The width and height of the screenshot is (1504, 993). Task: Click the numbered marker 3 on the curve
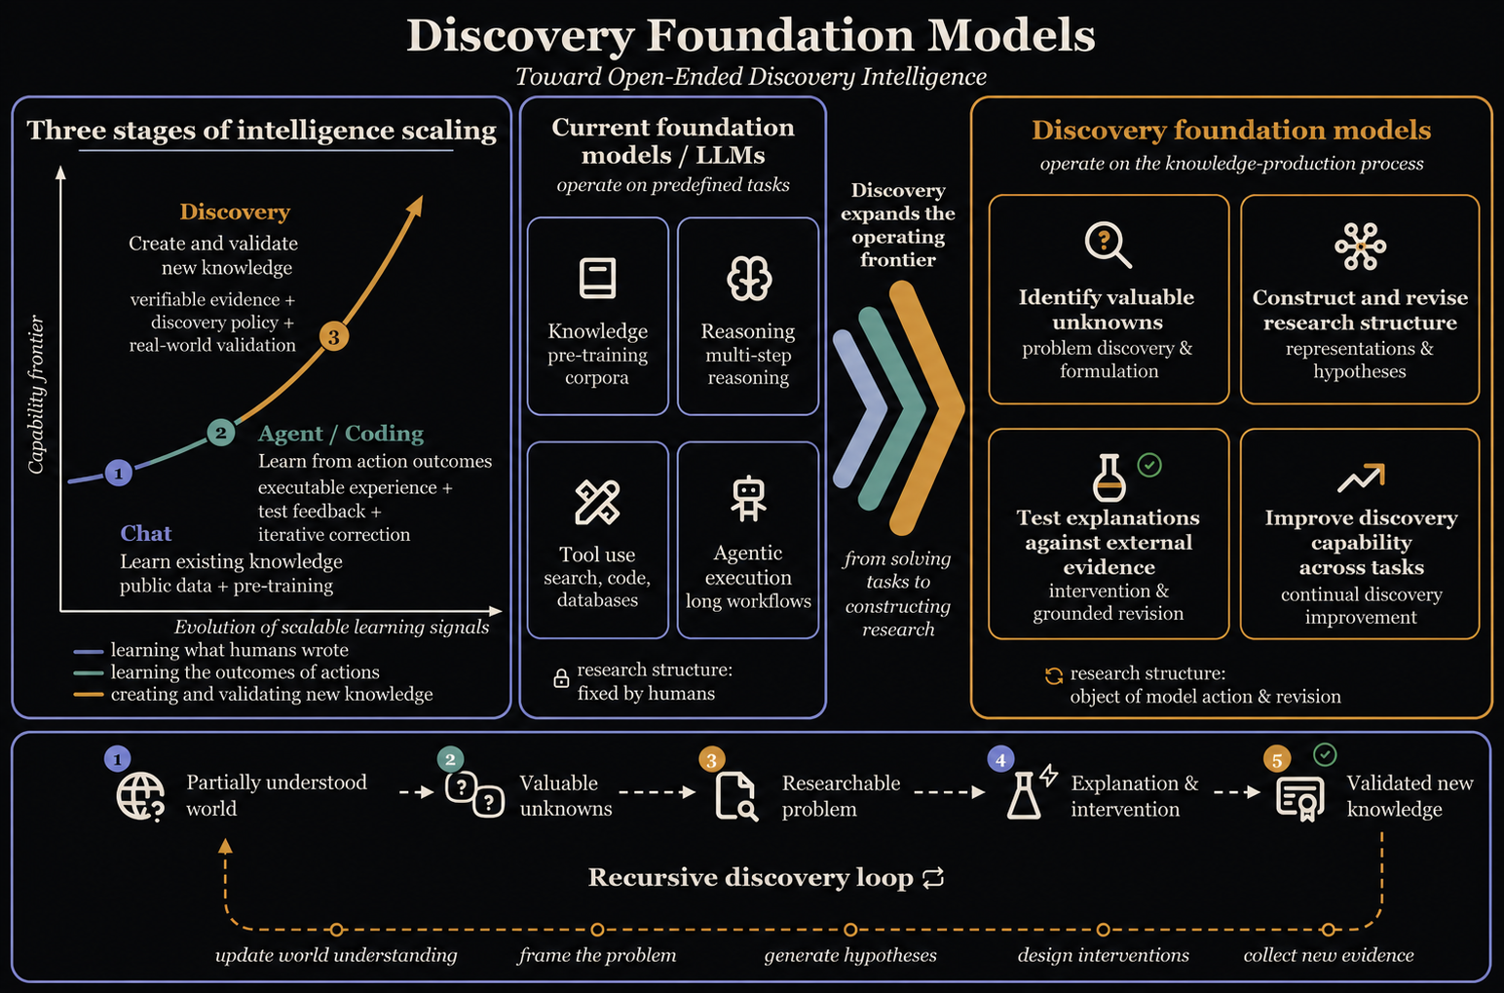tap(334, 336)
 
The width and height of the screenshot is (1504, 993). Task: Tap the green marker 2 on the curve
tap(221, 433)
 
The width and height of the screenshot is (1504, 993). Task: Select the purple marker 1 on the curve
tap(119, 473)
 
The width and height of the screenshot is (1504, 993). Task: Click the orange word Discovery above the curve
tap(235, 211)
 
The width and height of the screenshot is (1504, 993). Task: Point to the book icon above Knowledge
tap(597, 278)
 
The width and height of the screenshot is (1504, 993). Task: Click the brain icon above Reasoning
tap(749, 278)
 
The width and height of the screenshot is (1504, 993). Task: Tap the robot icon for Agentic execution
tap(749, 499)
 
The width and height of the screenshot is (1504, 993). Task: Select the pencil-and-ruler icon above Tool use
tap(597, 502)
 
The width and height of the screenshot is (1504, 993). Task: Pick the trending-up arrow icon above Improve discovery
tap(1361, 477)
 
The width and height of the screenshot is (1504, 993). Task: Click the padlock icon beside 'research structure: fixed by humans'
tap(561, 678)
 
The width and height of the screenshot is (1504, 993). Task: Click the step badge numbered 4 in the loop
tap(1000, 760)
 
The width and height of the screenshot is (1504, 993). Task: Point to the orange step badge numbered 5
tap(1277, 760)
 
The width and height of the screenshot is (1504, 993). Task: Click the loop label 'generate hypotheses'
tap(850, 955)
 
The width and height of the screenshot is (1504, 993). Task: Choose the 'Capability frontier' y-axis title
tap(36, 395)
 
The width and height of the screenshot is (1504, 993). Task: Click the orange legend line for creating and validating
tap(88, 695)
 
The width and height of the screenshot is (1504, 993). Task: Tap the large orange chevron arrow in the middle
tap(927, 407)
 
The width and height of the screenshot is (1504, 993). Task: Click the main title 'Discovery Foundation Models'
tap(751, 35)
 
